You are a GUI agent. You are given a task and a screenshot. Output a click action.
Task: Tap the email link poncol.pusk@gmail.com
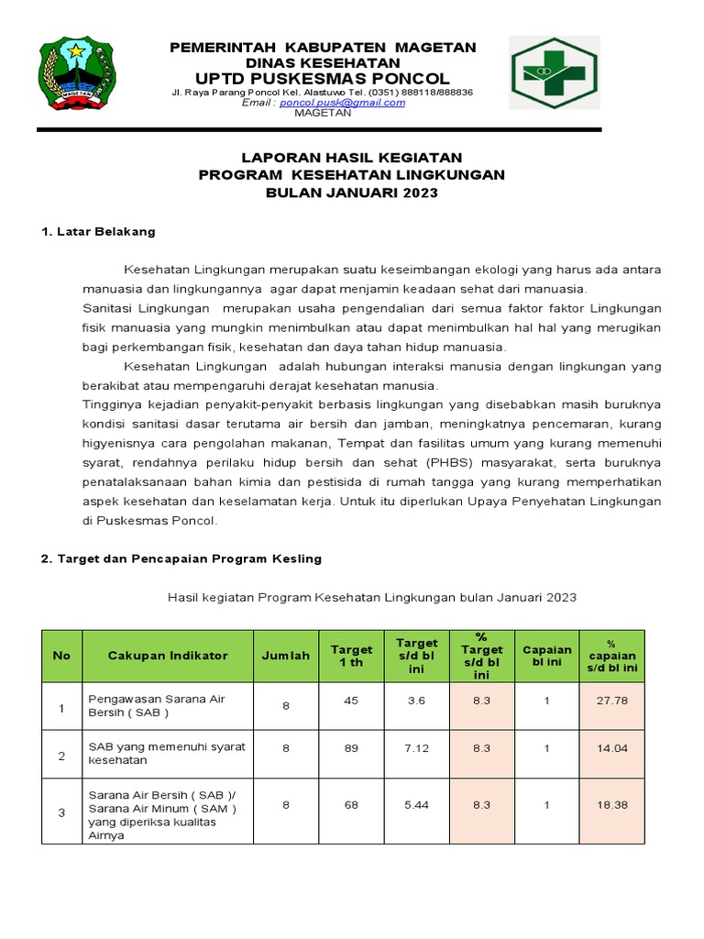pos(342,103)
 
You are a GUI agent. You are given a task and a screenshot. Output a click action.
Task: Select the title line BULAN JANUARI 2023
pos(352,193)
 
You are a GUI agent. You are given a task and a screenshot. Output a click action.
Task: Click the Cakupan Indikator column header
pos(168,656)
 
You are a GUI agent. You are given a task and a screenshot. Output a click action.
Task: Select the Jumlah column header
pos(286,656)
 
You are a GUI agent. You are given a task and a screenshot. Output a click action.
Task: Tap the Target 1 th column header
pos(352,656)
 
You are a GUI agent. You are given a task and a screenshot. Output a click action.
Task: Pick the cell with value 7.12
pos(417,748)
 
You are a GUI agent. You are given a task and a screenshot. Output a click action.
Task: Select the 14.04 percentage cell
pos(611,748)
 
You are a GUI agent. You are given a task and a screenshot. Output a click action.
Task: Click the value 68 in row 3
pos(351,804)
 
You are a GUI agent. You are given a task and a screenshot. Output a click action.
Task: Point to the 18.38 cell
pos(611,804)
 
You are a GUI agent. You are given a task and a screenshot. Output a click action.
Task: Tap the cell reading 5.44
pos(417,804)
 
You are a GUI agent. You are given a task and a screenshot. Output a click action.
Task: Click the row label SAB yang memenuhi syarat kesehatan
pos(166,754)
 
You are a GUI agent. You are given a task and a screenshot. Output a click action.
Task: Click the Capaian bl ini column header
pos(546,656)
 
